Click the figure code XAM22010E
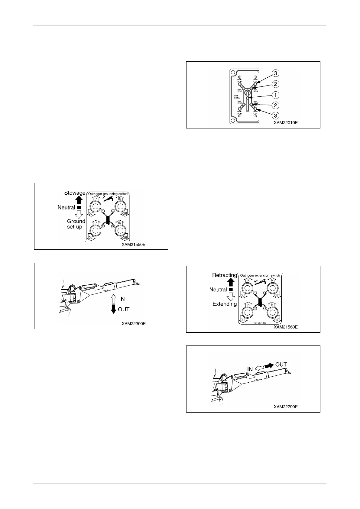click(286, 123)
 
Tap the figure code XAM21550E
click(134, 244)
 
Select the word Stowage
click(75, 193)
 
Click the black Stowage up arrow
click(79, 200)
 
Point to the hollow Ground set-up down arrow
click(79, 214)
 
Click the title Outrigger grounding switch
click(108, 194)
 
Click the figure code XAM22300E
click(134, 324)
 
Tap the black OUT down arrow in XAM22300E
click(114, 309)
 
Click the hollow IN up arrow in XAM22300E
click(114, 299)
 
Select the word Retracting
click(225, 275)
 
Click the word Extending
click(225, 304)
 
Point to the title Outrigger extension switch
click(260, 275)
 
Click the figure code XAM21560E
click(286, 327)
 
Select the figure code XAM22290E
click(286, 407)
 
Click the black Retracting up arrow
click(231, 282)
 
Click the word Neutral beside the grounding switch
click(66, 207)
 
